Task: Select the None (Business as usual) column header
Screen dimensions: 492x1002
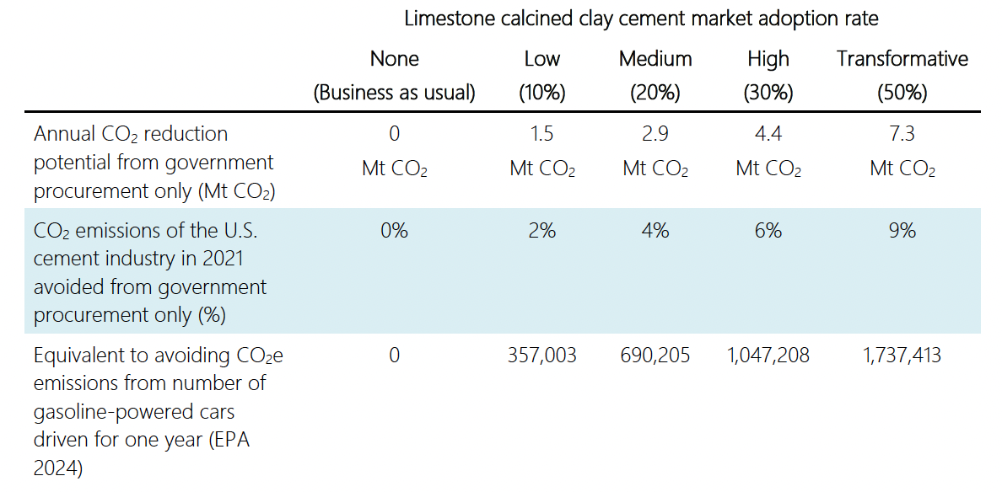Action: tap(394, 76)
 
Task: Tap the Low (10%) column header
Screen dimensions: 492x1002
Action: tap(541, 76)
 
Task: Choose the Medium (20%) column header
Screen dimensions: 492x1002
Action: tap(655, 76)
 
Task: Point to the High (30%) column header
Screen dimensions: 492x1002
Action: tap(768, 76)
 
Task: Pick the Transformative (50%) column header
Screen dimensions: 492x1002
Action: tap(902, 76)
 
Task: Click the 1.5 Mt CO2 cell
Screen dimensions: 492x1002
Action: tap(541, 152)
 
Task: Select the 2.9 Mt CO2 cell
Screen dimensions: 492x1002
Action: tap(655, 152)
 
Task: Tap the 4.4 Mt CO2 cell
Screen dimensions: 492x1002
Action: tap(768, 152)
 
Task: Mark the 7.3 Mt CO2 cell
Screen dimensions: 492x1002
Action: tap(902, 152)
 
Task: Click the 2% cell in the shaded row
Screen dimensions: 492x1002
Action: tap(541, 231)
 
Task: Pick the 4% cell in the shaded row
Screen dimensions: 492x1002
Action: tap(655, 231)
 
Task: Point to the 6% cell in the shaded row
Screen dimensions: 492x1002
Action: tap(768, 231)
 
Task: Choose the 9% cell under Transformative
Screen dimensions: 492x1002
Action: tap(902, 231)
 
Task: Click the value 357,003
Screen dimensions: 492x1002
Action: tap(541, 356)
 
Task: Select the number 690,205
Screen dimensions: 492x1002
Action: tap(655, 356)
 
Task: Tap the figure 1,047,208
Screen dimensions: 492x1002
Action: tap(768, 356)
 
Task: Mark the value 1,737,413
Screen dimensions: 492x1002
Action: tap(902, 356)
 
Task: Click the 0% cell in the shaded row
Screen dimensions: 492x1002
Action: tap(394, 231)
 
